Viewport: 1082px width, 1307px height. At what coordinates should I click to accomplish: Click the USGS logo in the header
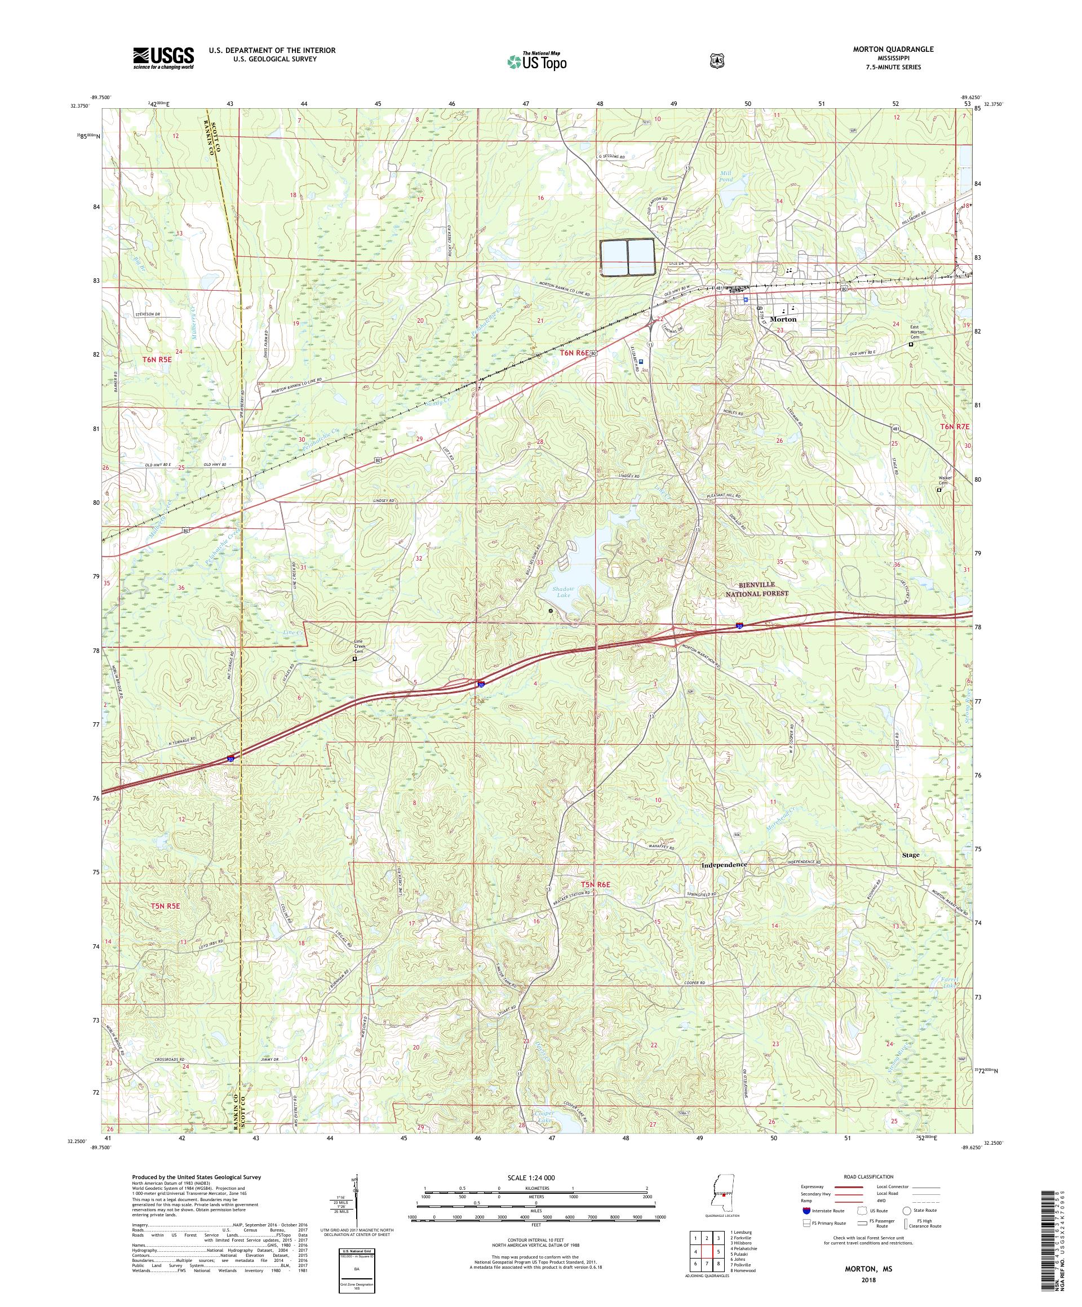(163, 59)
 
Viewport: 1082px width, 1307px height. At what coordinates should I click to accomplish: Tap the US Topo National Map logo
(536, 60)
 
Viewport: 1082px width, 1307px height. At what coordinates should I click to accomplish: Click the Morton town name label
(783, 319)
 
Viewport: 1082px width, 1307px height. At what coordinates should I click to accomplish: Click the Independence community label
(724, 865)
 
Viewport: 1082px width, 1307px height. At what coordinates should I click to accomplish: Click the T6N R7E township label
(955, 426)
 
